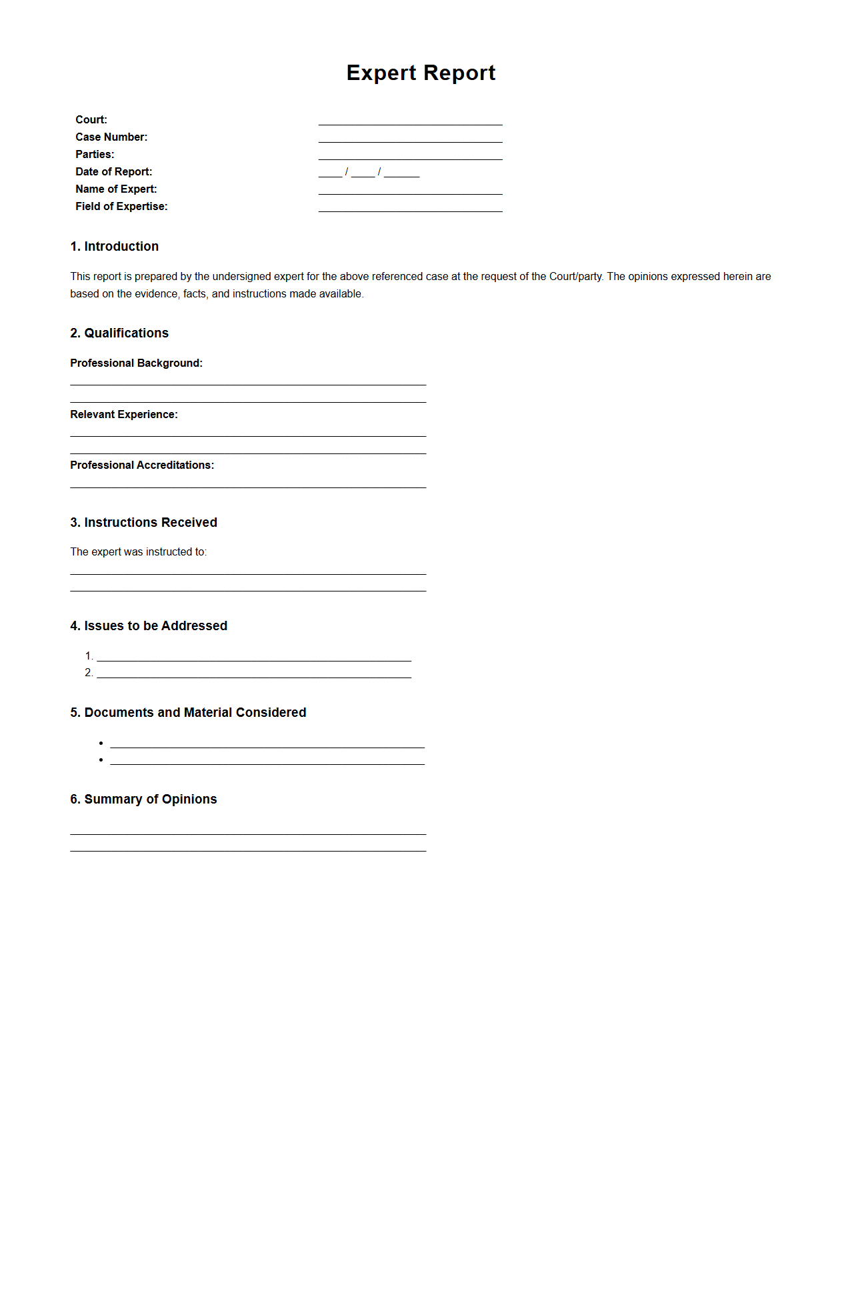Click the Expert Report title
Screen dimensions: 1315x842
pyautogui.click(x=421, y=73)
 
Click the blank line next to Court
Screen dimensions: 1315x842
pyautogui.click(x=410, y=121)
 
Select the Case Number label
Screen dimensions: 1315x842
pyautogui.click(x=111, y=137)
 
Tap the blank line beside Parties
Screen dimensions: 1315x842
pyautogui.click(x=410, y=155)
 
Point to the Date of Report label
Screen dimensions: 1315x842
pyautogui.click(x=113, y=172)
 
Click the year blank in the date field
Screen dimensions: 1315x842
pyautogui.click(x=401, y=173)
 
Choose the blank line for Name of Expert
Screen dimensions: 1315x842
pyautogui.click(x=410, y=190)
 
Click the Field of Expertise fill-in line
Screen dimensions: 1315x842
pyautogui.click(x=410, y=207)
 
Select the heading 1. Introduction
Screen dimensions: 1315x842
pyautogui.click(x=114, y=247)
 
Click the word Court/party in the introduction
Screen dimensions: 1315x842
pyautogui.click(x=575, y=277)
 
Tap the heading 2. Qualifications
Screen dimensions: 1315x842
pyautogui.click(x=119, y=333)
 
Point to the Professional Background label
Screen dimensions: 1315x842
pyautogui.click(x=136, y=363)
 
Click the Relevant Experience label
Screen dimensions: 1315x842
pyautogui.click(x=124, y=415)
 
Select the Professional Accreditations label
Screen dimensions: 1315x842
pyautogui.click(x=142, y=465)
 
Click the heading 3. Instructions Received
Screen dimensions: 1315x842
pyautogui.click(x=143, y=523)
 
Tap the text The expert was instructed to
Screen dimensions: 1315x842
pyautogui.click(x=138, y=552)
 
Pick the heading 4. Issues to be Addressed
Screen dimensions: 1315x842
pyautogui.click(x=149, y=626)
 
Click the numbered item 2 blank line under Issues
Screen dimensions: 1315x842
pyautogui.click(x=253, y=674)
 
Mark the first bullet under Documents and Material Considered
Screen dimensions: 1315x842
pyautogui.click(x=101, y=744)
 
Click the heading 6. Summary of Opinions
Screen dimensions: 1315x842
pyautogui.click(x=143, y=800)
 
